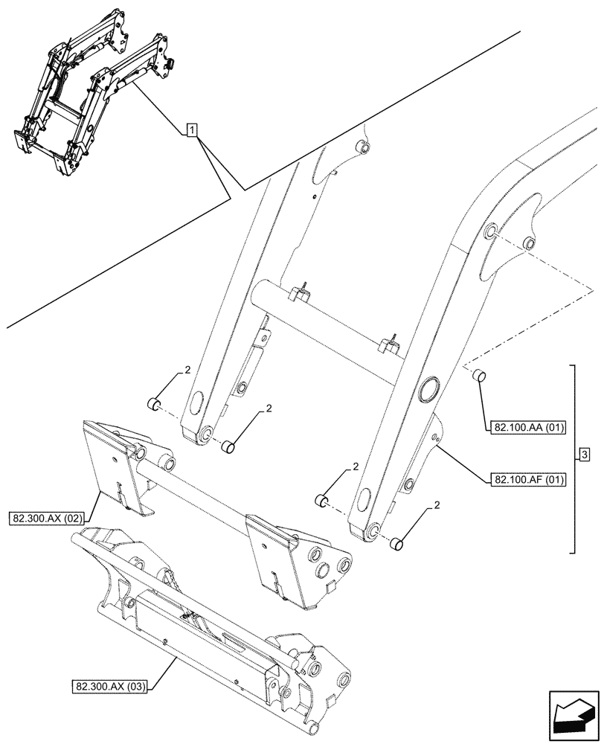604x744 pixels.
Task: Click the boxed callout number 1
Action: tap(192, 132)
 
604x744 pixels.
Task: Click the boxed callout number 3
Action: tap(585, 455)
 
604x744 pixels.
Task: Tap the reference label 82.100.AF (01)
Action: tap(529, 480)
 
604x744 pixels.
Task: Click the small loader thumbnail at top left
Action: tap(89, 89)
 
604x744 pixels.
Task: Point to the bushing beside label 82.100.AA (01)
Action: tap(480, 376)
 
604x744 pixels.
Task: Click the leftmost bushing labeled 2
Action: tap(153, 405)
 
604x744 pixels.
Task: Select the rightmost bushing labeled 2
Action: tap(397, 545)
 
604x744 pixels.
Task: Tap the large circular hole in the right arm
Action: tap(430, 390)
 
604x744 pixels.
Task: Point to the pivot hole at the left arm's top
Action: tap(362, 150)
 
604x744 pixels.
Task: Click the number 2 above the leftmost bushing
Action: tap(188, 370)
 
